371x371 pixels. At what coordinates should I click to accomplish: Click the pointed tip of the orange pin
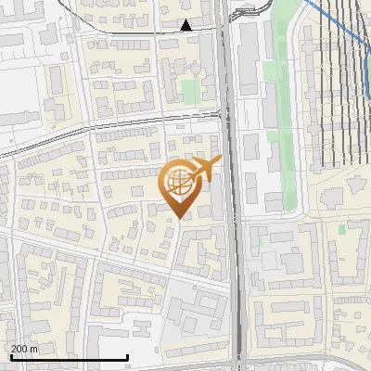pyautogui.click(x=179, y=218)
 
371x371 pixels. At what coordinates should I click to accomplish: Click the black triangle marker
pyautogui.click(x=186, y=25)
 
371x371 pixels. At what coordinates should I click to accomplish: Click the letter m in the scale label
pyautogui.click(x=35, y=350)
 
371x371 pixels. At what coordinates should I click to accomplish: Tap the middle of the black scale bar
pyautogui.click(x=67, y=358)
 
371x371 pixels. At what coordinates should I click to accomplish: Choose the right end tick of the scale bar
pyautogui.click(x=126, y=357)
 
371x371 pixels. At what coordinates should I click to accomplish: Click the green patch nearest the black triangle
pyautogui.click(x=190, y=90)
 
